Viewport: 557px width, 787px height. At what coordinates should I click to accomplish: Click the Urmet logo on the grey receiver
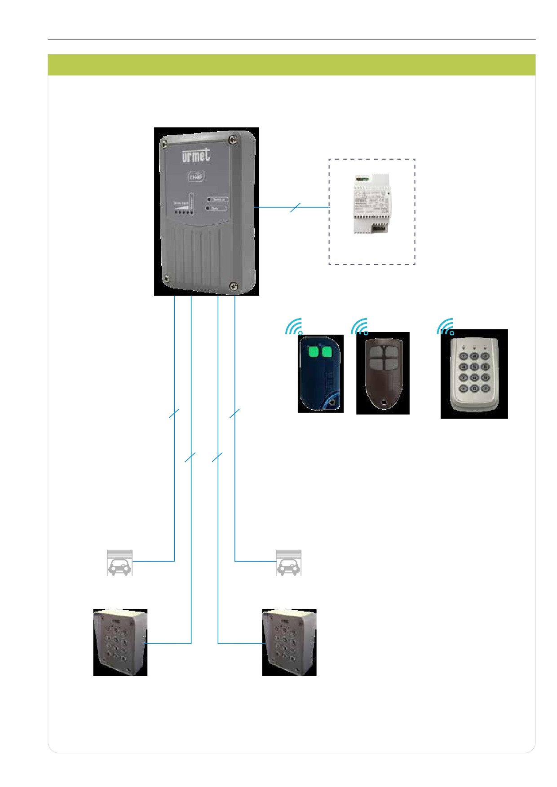[196, 157]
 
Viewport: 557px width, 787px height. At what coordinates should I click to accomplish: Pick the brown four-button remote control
[383, 373]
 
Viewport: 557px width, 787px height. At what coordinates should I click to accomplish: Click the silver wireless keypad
[474, 374]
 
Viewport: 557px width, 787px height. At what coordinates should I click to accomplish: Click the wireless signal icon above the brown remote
[360, 328]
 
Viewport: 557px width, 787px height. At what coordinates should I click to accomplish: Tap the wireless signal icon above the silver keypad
[446, 328]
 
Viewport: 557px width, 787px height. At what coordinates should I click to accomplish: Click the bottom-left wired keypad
[120, 642]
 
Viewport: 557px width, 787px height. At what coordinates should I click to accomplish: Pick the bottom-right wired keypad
[289, 642]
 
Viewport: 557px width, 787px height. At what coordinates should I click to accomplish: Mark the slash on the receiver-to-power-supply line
[295, 207]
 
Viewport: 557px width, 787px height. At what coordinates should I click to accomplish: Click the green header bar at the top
[292, 65]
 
